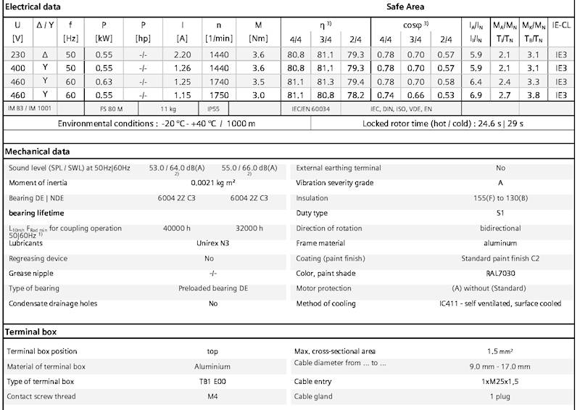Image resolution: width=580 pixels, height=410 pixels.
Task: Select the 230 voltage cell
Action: click(17, 54)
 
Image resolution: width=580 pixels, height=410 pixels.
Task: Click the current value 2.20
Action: click(182, 54)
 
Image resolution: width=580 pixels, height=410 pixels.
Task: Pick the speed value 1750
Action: click(219, 94)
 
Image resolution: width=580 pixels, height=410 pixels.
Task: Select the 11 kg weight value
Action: click(168, 107)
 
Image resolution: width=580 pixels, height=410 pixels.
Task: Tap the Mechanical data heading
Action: click(37, 152)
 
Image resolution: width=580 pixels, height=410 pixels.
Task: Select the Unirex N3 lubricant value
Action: click(210, 243)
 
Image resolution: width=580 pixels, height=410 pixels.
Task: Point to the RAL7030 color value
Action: click(500, 274)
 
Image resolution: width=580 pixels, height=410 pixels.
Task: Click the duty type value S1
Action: click(500, 213)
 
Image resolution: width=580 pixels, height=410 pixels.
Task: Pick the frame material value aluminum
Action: click(500, 243)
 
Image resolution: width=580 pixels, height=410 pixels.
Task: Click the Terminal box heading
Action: click(30, 332)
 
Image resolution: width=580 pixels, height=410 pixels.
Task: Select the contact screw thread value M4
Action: click(213, 396)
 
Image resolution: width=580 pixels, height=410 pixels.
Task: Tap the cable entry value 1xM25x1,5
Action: click(500, 381)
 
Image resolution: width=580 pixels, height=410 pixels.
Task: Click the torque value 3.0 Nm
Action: click(258, 94)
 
